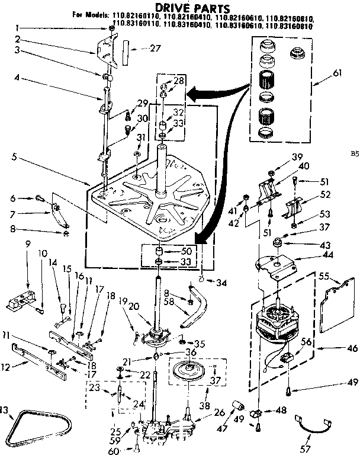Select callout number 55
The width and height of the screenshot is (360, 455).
(x=340, y=277)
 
